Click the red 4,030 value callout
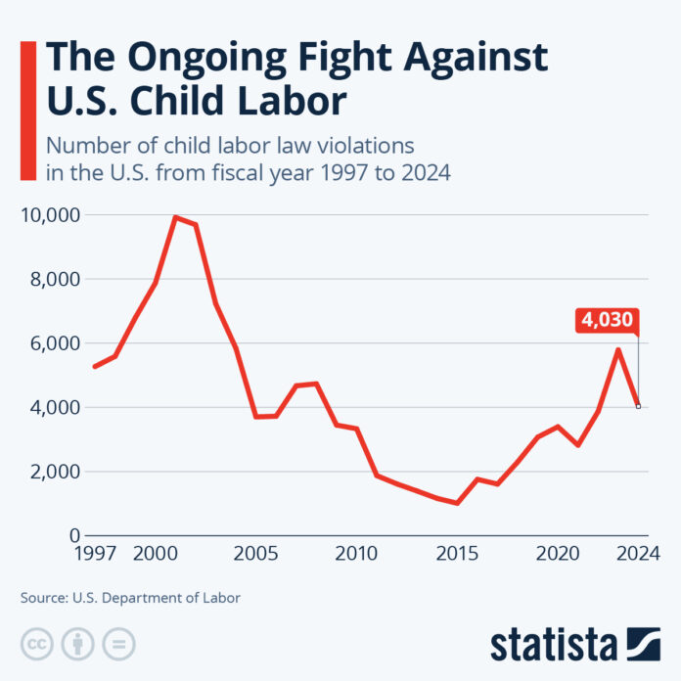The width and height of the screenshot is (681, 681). (x=607, y=319)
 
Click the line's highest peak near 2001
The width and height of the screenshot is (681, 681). (x=175, y=217)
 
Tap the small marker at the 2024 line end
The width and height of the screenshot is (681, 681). (x=638, y=406)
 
